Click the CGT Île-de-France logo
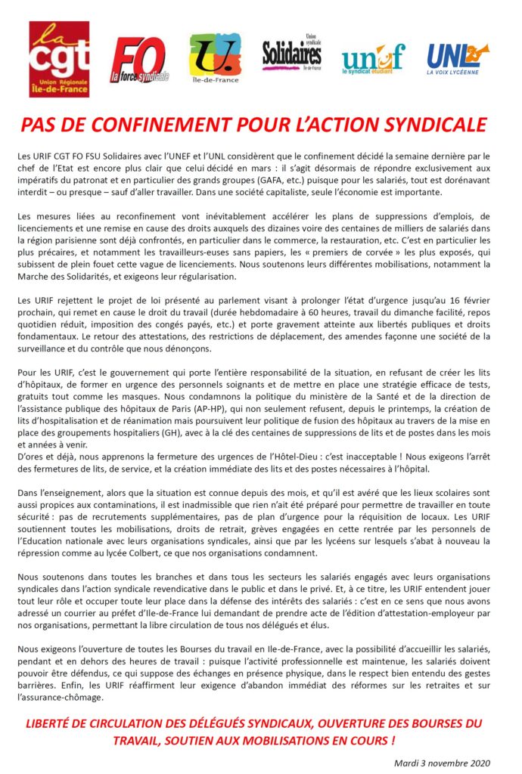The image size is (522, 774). pyautogui.click(x=59, y=59)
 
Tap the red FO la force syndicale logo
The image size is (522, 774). pyautogui.click(x=140, y=60)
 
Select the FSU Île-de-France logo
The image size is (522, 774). pyautogui.click(x=215, y=60)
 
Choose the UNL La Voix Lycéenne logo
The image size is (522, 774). pyautogui.click(x=457, y=59)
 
